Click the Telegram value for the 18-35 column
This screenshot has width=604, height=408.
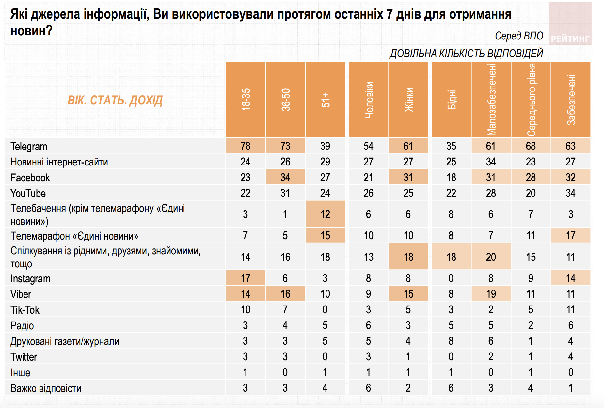tap(246, 146)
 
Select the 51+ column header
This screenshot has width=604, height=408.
tap(325, 100)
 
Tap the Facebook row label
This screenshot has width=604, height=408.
tap(30, 178)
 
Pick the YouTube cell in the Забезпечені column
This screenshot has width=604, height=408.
tap(570, 193)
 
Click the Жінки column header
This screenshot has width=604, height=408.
tap(408, 100)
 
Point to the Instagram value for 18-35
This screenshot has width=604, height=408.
tap(246, 278)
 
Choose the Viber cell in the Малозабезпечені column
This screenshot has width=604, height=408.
tap(491, 294)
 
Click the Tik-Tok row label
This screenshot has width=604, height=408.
tap(25, 310)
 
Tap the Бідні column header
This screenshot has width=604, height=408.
tap(451, 100)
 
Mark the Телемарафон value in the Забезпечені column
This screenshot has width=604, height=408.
tap(570, 235)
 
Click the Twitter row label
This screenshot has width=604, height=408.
tap(24, 357)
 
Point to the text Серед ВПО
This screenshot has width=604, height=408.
tap(519, 36)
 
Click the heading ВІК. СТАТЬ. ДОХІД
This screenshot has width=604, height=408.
tap(115, 100)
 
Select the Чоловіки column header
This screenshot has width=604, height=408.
tap(369, 100)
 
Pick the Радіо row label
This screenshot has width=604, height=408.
tap(22, 325)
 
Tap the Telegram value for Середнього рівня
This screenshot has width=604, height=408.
tap(531, 146)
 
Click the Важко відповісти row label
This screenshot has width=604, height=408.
tap(46, 388)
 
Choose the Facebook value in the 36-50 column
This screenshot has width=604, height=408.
tap(285, 177)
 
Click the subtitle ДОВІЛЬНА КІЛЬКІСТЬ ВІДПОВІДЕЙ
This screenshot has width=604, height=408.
tap(466, 53)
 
